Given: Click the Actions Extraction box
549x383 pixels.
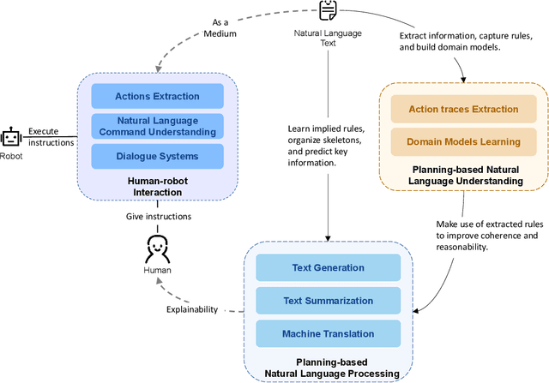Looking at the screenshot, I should click(x=157, y=96).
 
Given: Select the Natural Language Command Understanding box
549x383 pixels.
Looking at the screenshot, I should click(x=157, y=126).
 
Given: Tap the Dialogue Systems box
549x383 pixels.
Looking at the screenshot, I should click(x=157, y=156).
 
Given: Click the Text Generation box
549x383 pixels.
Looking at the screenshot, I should click(x=329, y=267).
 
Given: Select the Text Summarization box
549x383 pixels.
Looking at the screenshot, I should click(x=329, y=301).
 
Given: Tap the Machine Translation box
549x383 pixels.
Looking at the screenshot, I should click(x=329, y=333).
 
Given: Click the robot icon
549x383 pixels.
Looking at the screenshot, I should click(x=11, y=137).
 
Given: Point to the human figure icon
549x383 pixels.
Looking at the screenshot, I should click(x=157, y=251).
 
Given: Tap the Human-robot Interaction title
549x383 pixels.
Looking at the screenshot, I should click(x=157, y=187).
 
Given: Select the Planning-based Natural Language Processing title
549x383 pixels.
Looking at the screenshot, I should click(x=329, y=368).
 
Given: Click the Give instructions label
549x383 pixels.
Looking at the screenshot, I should click(x=157, y=217).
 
